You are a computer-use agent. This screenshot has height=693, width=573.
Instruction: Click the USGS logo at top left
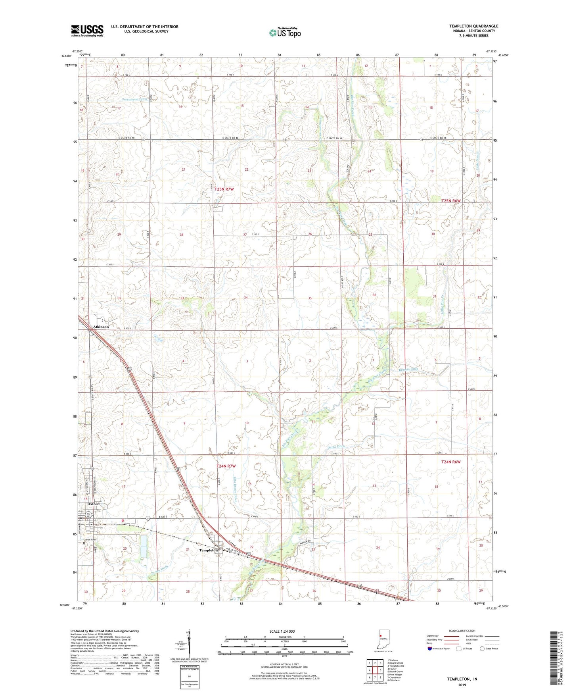click(87, 31)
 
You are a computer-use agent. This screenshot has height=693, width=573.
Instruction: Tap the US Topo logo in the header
click(284, 33)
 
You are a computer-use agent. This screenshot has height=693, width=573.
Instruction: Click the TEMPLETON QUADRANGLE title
click(473, 26)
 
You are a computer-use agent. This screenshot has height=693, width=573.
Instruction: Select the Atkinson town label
click(101, 327)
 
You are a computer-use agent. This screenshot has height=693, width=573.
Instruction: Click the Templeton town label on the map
click(209, 551)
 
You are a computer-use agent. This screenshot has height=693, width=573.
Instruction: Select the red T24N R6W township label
click(451, 462)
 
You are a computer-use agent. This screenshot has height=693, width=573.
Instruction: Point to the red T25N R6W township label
click(451, 201)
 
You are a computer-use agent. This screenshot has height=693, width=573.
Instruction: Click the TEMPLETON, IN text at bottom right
click(462, 679)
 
